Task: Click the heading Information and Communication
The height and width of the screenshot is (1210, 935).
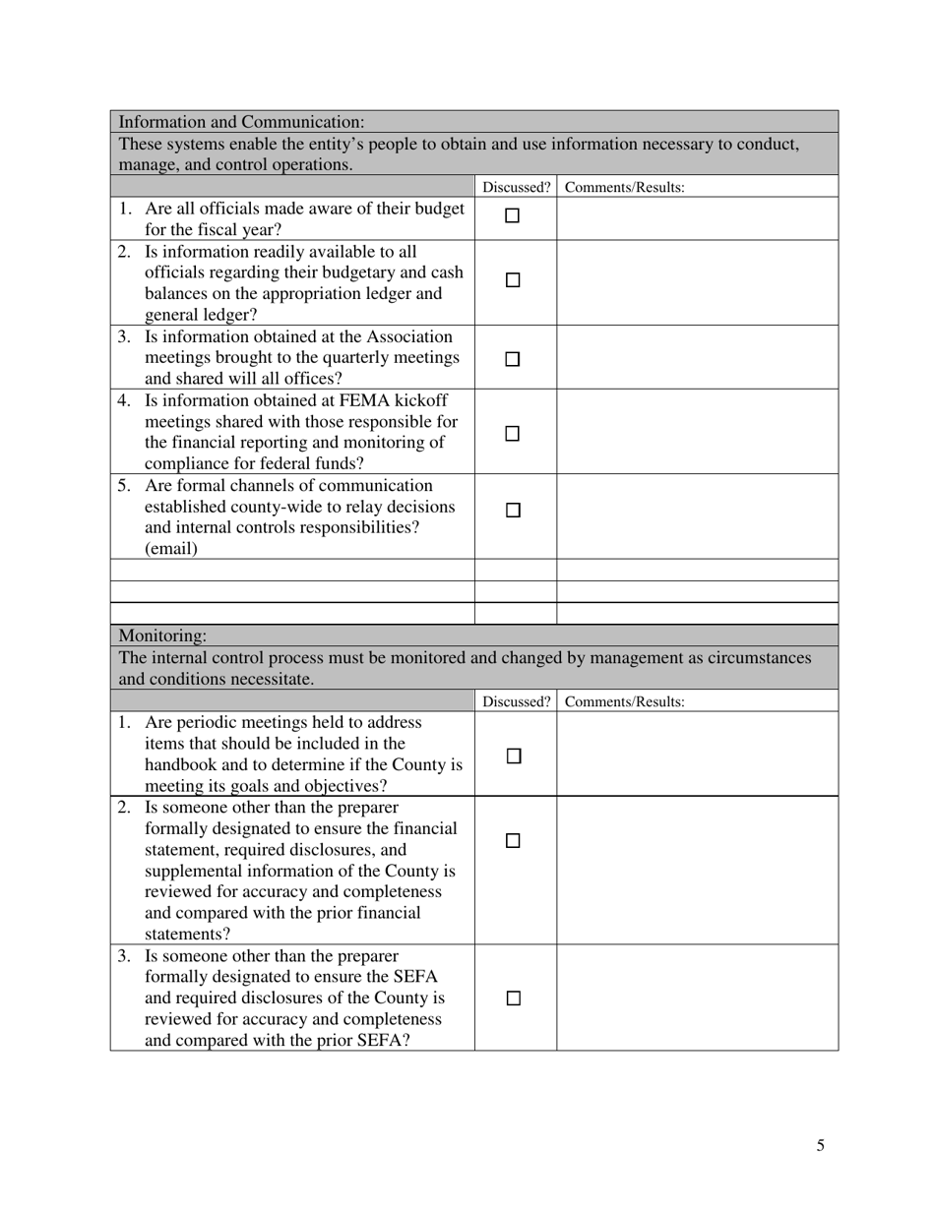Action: coord(241,122)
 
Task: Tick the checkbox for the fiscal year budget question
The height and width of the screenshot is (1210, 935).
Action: coord(513,216)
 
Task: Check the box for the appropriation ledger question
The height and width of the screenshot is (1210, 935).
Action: coord(513,280)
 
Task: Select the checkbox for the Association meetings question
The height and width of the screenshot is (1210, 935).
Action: coord(513,360)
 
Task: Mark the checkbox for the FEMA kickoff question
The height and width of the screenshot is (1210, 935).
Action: coord(513,434)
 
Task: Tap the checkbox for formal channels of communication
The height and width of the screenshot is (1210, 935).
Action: coord(513,511)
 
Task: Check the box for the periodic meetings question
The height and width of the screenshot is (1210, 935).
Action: coord(513,756)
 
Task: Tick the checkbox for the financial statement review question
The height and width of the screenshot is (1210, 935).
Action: coord(513,841)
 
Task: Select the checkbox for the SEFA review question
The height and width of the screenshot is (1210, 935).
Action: coord(513,998)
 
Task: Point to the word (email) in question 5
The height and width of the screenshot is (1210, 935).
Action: coord(171,549)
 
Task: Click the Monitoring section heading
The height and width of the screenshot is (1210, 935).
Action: coord(162,636)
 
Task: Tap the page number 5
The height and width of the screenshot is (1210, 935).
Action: coord(820,1145)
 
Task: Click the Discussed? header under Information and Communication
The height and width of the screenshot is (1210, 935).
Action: coord(516,187)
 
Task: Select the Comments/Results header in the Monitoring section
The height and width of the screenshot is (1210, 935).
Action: coord(625,702)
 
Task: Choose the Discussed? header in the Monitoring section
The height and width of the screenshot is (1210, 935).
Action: coord(516,702)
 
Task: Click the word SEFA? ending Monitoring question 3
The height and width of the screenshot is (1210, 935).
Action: coord(384,1040)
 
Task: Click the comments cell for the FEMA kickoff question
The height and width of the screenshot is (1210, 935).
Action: coord(697,432)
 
